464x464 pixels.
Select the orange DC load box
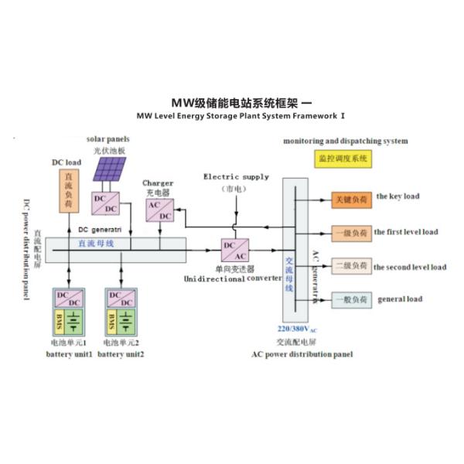coord(71,191)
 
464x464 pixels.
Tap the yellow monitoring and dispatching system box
coord(343,159)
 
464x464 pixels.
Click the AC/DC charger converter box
coord(160,210)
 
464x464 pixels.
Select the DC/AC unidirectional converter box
coord(234,250)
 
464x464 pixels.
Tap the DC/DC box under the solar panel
coord(106,203)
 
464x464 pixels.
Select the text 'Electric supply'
coord(236,177)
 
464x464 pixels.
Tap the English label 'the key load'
coord(397,196)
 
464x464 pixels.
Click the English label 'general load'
coord(399,299)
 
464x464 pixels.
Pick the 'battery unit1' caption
coord(70,353)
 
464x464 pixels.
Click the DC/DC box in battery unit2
coord(121,299)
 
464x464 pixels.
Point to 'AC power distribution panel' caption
coord(302,354)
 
